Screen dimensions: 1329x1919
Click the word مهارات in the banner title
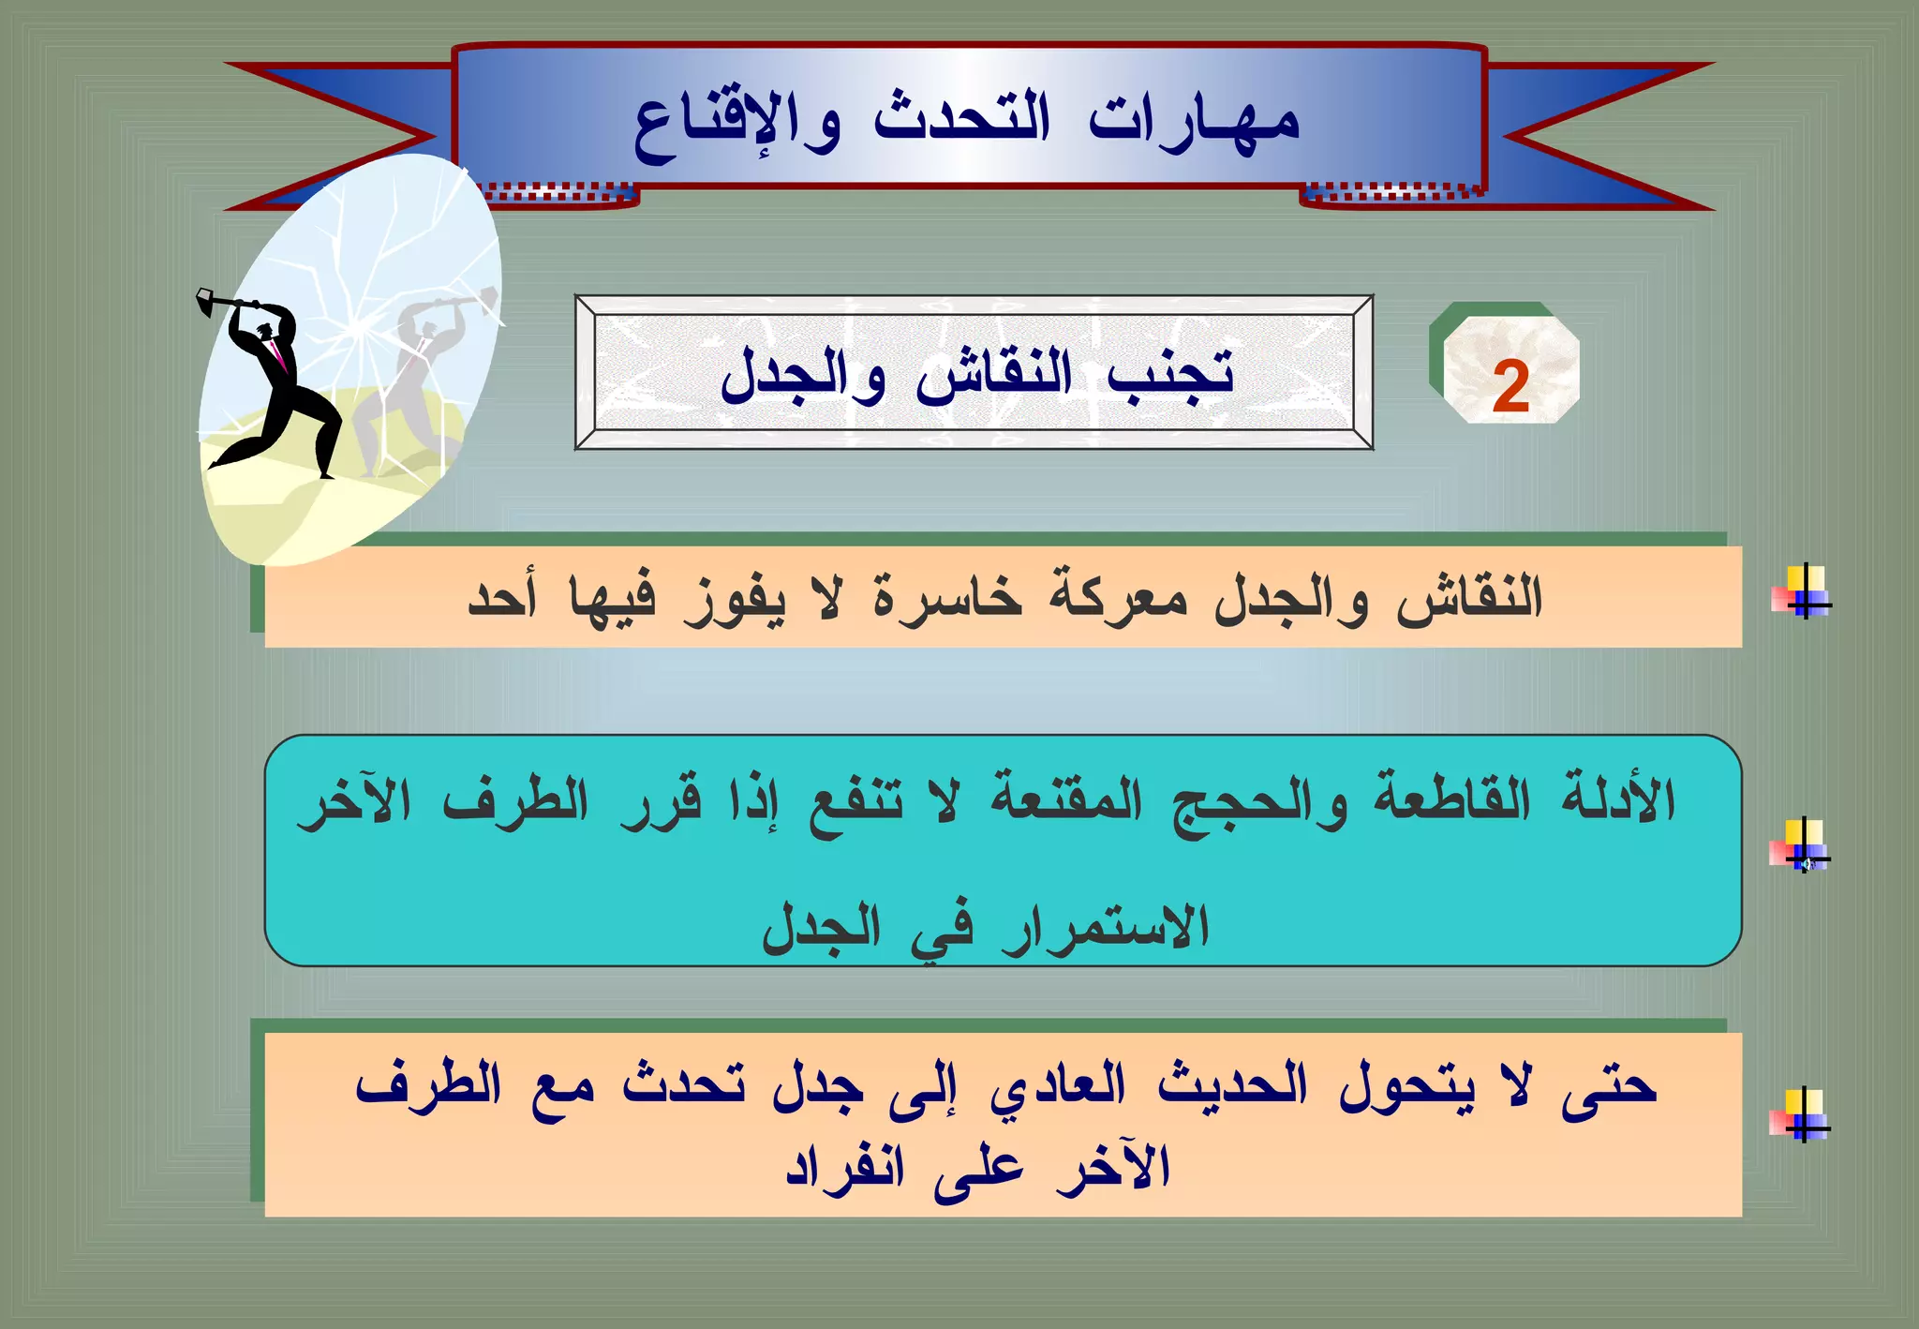click(x=1194, y=122)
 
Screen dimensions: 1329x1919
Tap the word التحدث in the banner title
click(x=961, y=120)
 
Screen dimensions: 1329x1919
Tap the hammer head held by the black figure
click(x=205, y=303)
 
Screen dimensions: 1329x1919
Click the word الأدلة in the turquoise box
click(x=1618, y=801)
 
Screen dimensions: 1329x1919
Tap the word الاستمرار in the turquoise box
click(x=1106, y=928)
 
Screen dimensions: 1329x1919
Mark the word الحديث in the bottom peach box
click(x=1232, y=1085)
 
